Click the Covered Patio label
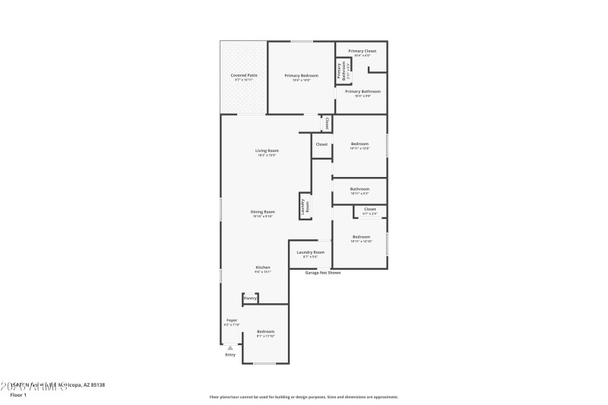[x=242, y=75]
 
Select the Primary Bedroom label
[x=301, y=75]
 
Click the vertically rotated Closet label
[x=327, y=122]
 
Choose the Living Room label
[x=267, y=150]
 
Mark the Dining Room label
[x=263, y=212]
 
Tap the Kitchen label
[x=262, y=267]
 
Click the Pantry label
[x=250, y=299]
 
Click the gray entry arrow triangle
[x=230, y=347]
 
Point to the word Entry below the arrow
[x=230, y=355]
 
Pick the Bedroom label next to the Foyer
[x=265, y=332]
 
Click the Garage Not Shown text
[x=323, y=272]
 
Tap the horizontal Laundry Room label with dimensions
[x=310, y=252]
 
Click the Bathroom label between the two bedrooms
[x=359, y=189]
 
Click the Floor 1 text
[x=17, y=395]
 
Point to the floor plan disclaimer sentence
[x=303, y=397]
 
